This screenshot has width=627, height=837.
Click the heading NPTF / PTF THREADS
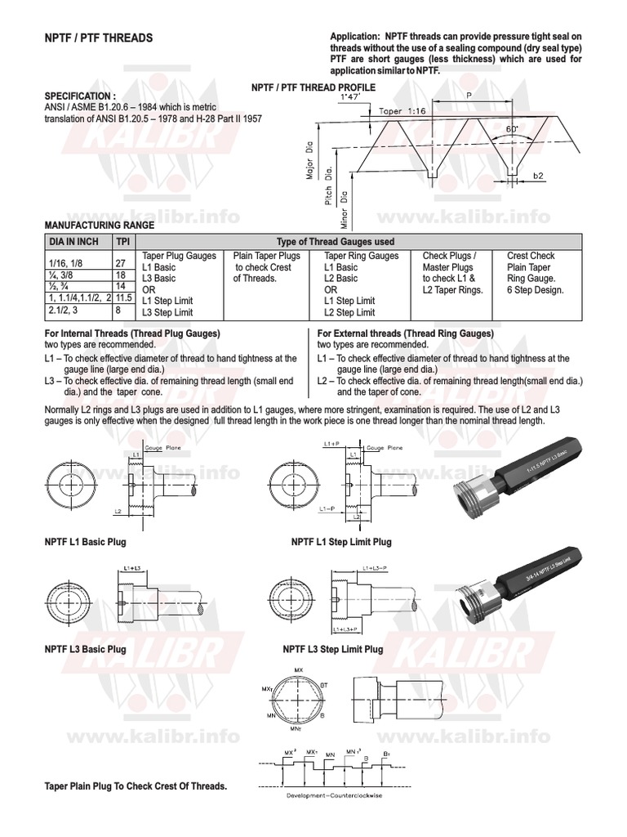point(97,38)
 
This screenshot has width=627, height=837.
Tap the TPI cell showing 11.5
point(123,301)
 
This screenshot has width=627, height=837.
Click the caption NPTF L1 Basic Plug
point(86,542)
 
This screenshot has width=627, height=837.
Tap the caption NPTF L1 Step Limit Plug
point(341,542)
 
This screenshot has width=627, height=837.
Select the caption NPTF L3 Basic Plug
point(86,649)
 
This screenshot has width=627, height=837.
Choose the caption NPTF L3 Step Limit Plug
point(333,649)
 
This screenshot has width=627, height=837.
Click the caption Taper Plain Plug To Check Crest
point(136,786)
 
